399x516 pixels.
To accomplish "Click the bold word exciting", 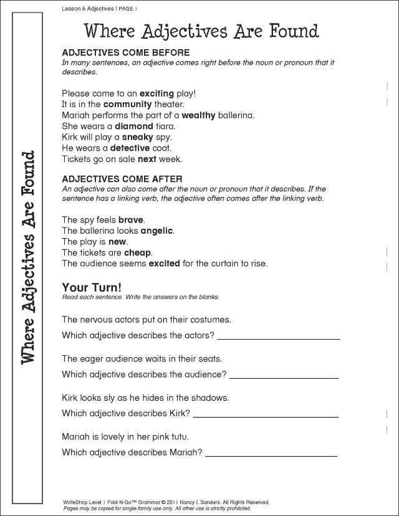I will [156, 93].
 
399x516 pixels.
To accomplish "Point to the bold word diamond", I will [133, 126].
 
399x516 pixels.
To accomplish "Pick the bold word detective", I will [130, 148].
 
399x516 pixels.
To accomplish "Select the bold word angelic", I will [157, 231].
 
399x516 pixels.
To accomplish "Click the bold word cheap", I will [138, 252].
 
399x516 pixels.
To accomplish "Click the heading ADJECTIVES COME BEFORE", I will [125, 53].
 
